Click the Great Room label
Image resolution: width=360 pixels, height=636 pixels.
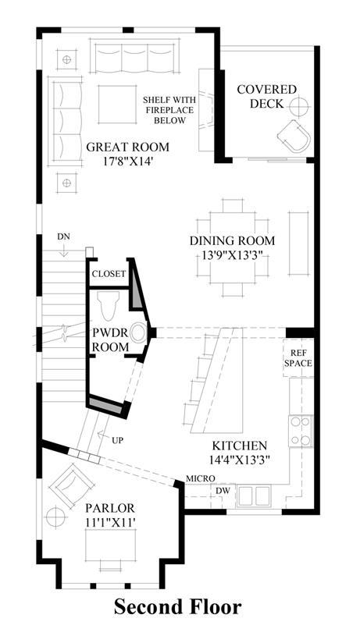[127, 147]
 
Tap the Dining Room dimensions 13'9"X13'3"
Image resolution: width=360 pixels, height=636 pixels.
[232, 255]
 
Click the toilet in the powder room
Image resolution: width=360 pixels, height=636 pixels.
[109, 305]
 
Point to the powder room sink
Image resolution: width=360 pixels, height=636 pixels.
[138, 332]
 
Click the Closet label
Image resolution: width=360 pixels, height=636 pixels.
[109, 274]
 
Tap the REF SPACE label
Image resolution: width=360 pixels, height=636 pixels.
[298, 358]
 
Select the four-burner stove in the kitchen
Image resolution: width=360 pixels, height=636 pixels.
[301, 431]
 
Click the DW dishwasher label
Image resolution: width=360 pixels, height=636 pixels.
[223, 491]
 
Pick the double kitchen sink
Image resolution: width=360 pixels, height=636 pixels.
[254, 496]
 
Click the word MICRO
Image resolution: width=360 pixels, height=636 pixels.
[201, 479]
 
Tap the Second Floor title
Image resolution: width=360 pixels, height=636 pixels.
[178, 607]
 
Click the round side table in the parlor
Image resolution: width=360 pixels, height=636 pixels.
[55, 517]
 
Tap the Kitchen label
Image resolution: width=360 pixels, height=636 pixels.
[240, 446]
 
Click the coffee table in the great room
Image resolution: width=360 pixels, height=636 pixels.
[117, 105]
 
